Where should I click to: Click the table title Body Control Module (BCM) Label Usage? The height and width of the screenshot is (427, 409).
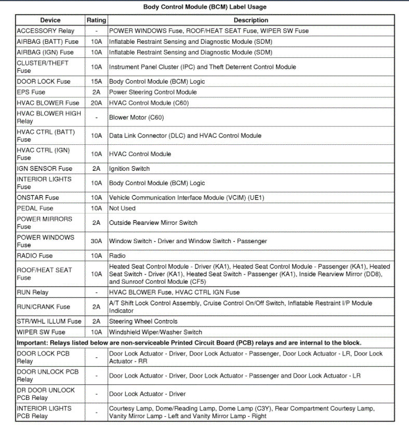(x=204, y=7)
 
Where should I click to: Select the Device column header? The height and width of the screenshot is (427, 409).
(x=50, y=20)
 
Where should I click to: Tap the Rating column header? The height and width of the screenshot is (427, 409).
(x=96, y=20)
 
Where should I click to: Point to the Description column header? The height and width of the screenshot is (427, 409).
(x=250, y=20)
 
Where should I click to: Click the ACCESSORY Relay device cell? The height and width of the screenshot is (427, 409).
(x=46, y=31)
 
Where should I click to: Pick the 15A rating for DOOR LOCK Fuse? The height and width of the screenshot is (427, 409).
(x=96, y=82)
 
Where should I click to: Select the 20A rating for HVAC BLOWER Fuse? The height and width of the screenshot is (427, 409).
(x=96, y=103)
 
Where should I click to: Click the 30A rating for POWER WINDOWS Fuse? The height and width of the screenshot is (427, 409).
(x=96, y=241)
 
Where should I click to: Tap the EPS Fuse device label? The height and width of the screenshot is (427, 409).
(x=31, y=92)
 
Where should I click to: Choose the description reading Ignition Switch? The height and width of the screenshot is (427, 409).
(x=129, y=169)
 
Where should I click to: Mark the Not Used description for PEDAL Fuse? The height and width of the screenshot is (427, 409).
(x=122, y=208)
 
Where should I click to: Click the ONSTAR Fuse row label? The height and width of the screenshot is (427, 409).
(x=38, y=198)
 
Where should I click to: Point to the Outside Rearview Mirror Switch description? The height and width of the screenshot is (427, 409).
(x=153, y=223)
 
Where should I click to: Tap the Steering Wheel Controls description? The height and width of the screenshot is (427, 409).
(x=143, y=321)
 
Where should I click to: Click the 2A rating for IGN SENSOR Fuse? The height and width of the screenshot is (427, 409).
(x=96, y=169)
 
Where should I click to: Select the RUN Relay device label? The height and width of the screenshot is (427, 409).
(x=33, y=292)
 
